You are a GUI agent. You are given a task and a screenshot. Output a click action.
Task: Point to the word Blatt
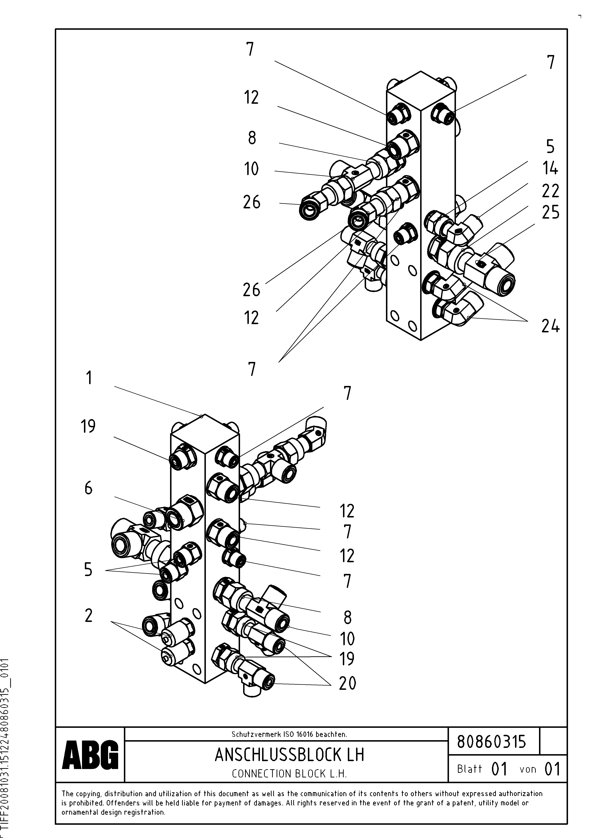[469, 769]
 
